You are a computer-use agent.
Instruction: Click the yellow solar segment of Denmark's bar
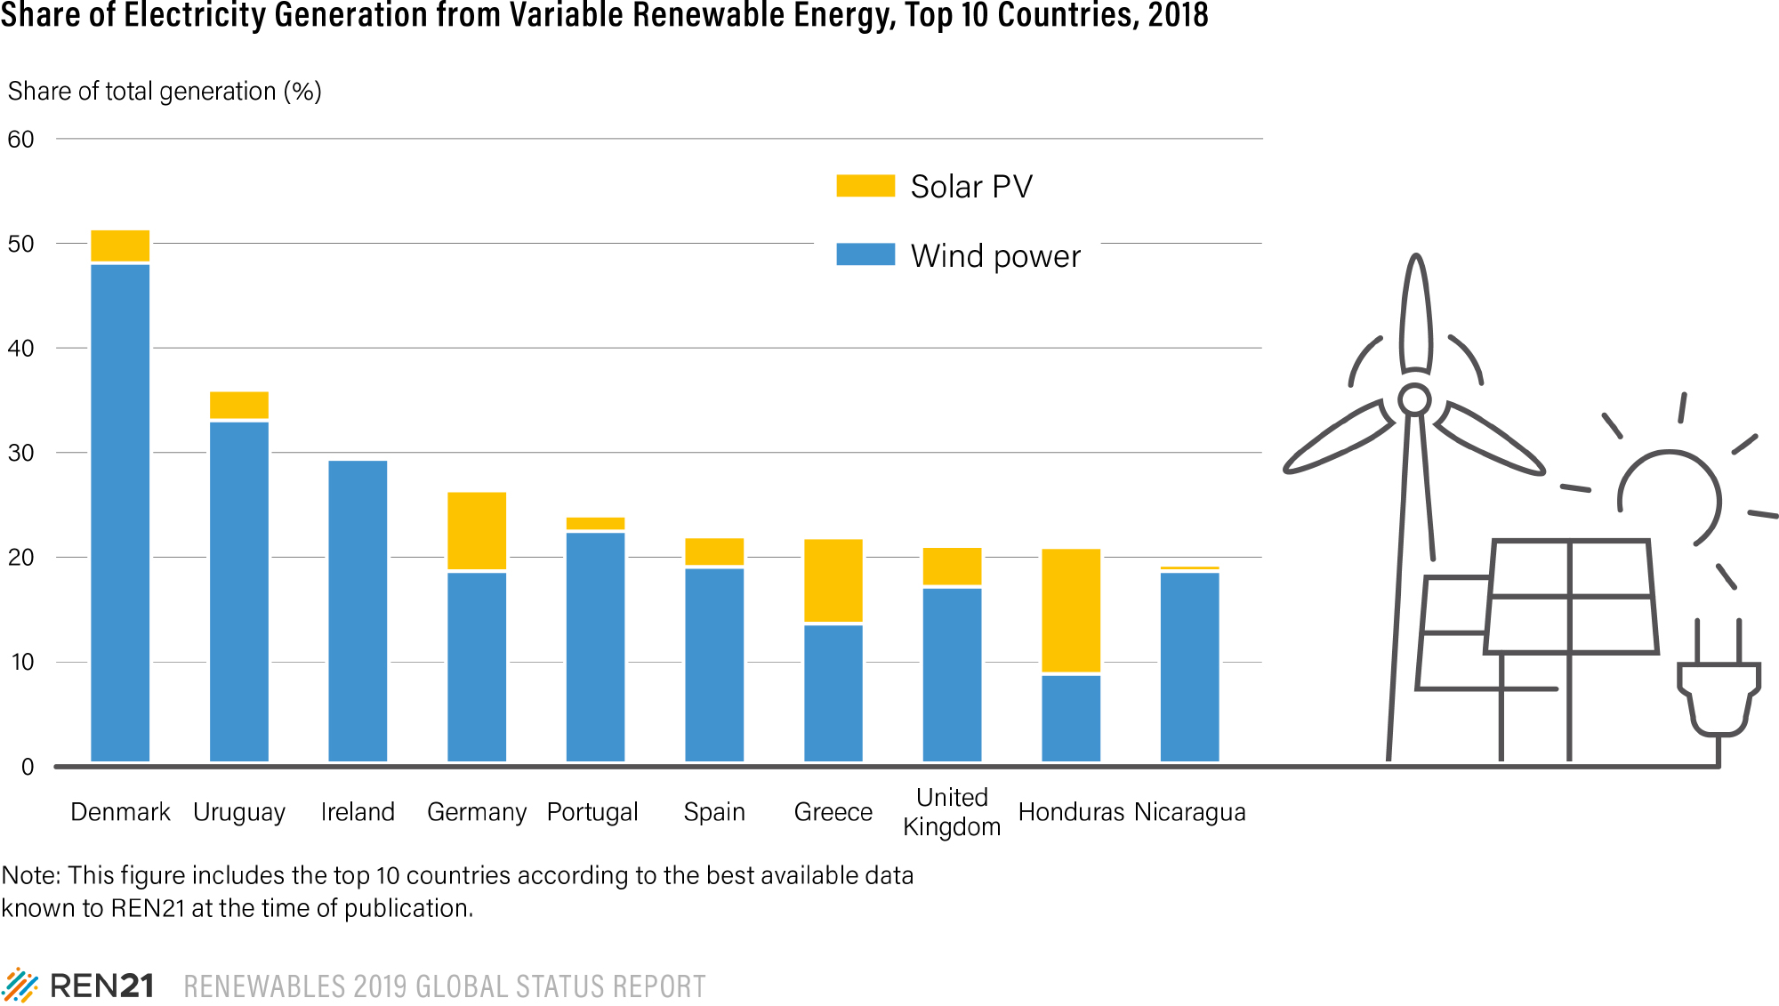point(120,245)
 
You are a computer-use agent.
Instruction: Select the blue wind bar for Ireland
point(358,610)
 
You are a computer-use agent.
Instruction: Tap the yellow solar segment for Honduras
point(1071,610)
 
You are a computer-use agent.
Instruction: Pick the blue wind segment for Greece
point(833,693)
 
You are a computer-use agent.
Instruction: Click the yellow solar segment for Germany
point(477,530)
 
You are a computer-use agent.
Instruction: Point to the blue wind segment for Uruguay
point(239,591)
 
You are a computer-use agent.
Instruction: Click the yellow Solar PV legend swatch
point(865,186)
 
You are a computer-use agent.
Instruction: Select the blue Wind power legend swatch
point(865,254)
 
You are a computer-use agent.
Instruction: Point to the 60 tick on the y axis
point(21,140)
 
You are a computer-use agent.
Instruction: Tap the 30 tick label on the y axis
point(21,453)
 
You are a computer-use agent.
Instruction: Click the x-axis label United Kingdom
point(952,811)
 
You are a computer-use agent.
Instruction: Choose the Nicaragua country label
point(1190,812)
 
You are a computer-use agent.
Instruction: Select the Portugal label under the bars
point(592,812)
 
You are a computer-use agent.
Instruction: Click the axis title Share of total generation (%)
point(165,92)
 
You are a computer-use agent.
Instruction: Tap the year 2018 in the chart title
point(1178,15)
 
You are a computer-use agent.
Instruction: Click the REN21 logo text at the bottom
point(101,986)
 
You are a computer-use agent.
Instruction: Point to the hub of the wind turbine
point(1414,399)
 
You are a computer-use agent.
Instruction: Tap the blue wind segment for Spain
point(714,664)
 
